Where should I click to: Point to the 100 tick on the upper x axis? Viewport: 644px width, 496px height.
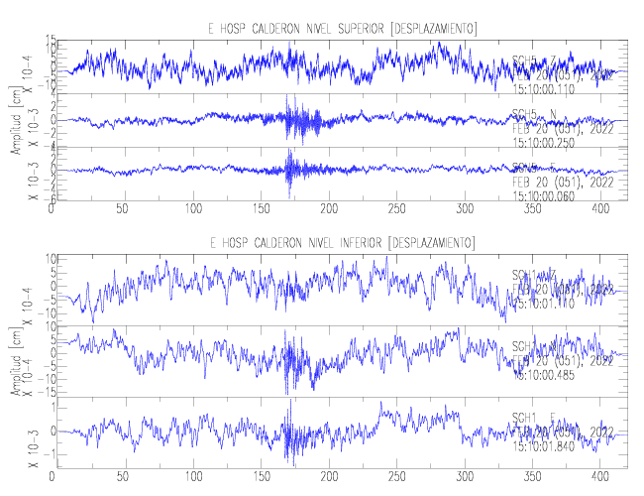(193, 210)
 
